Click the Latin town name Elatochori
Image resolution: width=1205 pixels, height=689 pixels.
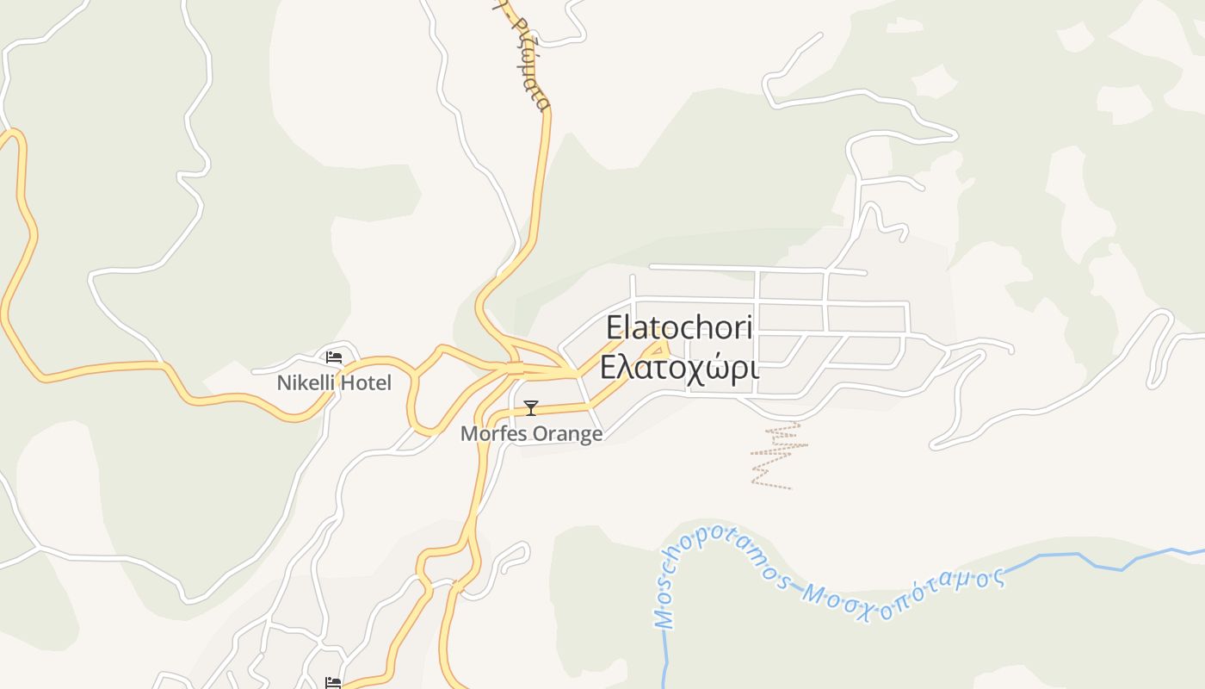pyautogui.click(x=679, y=328)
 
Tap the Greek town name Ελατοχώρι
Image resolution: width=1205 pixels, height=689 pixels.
pyautogui.click(x=679, y=367)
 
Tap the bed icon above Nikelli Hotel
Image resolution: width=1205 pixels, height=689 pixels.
pyautogui.click(x=334, y=357)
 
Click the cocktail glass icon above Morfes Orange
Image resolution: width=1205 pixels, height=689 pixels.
pyautogui.click(x=531, y=407)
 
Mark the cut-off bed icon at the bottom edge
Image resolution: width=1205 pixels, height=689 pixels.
pyautogui.click(x=333, y=683)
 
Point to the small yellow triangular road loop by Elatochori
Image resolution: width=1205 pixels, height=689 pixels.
pyautogui.click(x=658, y=350)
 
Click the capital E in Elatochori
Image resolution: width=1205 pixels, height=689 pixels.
pyautogui.click(x=614, y=328)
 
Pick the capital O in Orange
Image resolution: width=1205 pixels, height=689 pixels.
pyautogui.click(x=538, y=433)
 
